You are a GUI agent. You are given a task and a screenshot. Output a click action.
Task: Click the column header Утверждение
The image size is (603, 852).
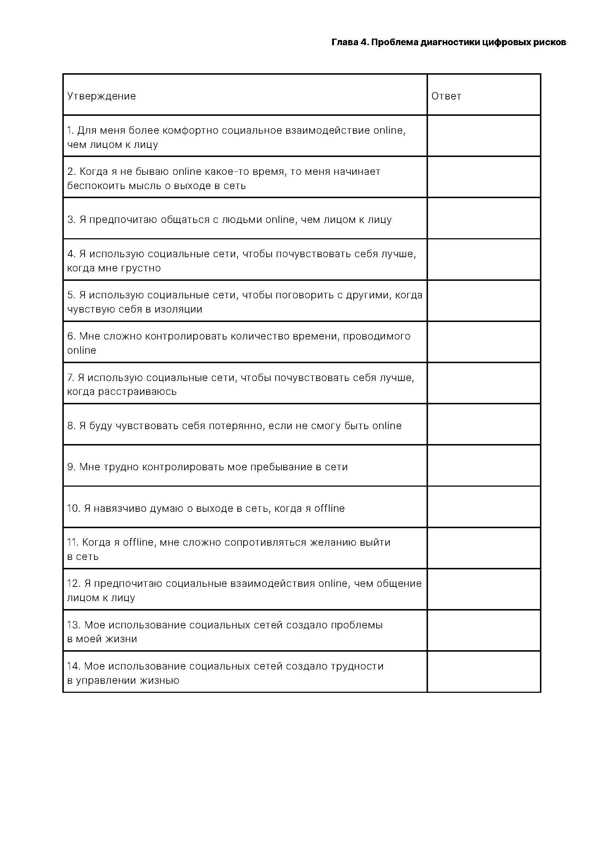pos(101,96)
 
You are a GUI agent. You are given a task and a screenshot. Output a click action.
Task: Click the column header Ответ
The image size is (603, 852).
pos(446,96)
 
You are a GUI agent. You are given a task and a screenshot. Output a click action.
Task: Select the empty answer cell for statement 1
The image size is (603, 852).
pos(483,136)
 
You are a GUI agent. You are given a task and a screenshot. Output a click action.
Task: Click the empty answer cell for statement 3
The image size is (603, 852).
pos(483,218)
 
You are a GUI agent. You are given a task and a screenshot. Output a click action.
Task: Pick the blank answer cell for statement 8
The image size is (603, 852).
pos(483,424)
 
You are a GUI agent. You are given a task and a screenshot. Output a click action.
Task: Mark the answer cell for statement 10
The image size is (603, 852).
pos(483,507)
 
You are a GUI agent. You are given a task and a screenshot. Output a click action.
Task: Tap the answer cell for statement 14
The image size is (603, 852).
pos(483,672)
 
